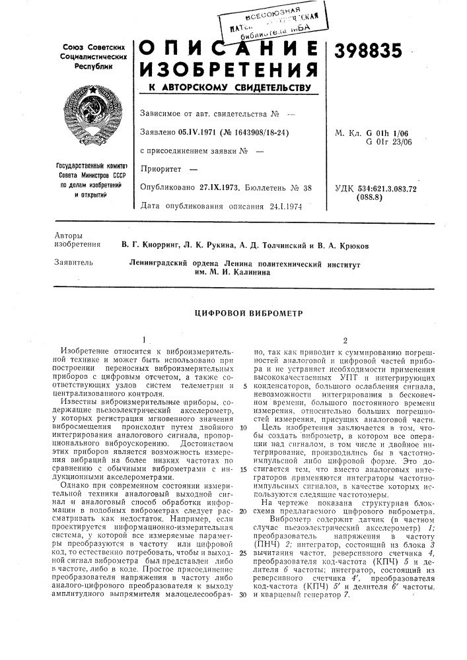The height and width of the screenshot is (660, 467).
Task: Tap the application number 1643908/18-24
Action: (256, 132)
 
